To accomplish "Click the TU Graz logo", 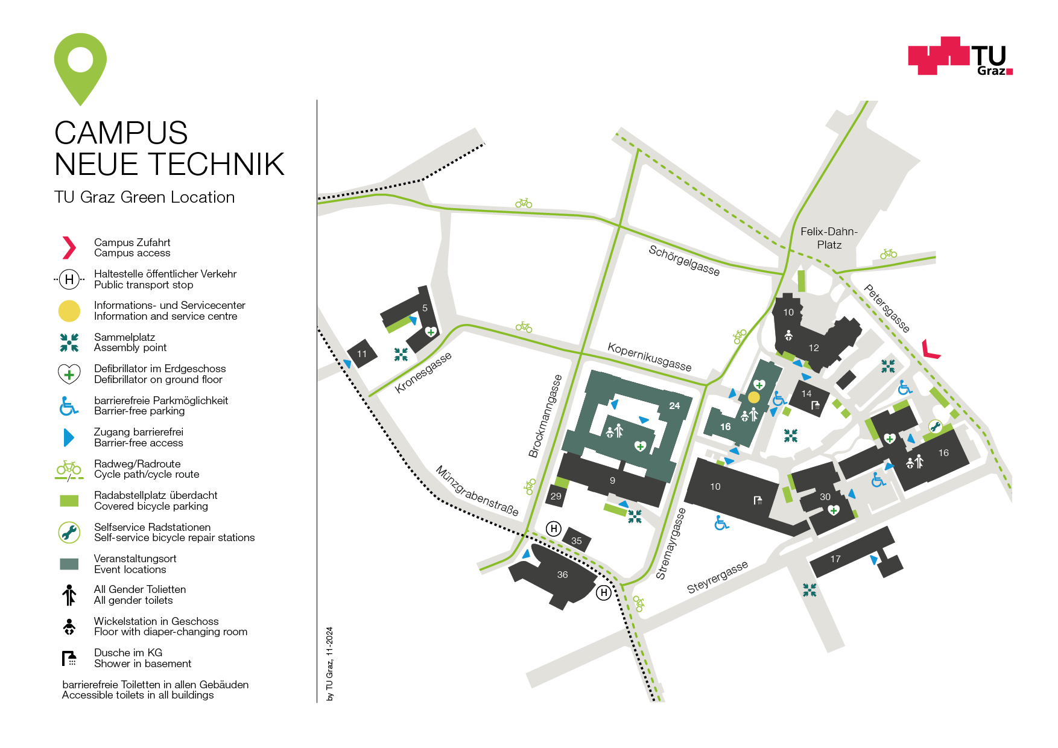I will [x=960, y=56].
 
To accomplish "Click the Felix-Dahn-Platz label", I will [x=829, y=238].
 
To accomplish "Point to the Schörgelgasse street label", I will [x=684, y=260].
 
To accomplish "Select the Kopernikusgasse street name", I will [x=649, y=357].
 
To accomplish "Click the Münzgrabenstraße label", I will [x=477, y=490].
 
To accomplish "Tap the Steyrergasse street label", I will [x=717, y=577].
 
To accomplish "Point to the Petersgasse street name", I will [x=886, y=308].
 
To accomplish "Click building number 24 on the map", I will [x=674, y=406].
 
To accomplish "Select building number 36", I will [x=562, y=575].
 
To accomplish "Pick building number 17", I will [x=835, y=559].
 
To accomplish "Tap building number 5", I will [x=425, y=308].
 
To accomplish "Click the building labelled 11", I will [x=362, y=354].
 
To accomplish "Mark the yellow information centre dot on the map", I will [x=754, y=398].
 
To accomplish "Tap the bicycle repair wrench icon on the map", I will [x=935, y=427].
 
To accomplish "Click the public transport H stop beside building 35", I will [x=553, y=529].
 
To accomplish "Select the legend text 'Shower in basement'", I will [x=142, y=664].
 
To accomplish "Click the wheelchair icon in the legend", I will [x=69, y=406].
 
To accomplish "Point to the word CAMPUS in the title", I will [x=121, y=133].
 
